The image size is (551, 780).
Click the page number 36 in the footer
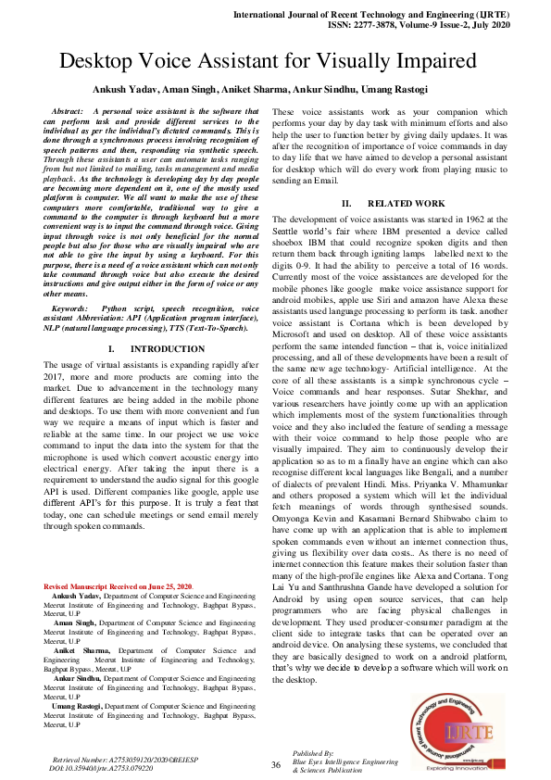pos(275,764)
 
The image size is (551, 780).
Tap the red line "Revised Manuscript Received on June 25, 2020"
pos(119,586)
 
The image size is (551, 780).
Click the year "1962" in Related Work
pos(462,219)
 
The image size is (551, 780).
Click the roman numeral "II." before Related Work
pos(346,202)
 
